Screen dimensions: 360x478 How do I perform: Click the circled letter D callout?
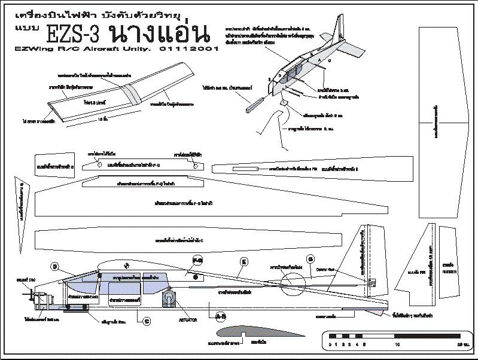pyautogui.click(x=55, y=267)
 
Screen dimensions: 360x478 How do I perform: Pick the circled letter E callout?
pyautogui.click(x=244, y=261)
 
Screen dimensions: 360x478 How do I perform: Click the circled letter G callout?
pyautogui.click(x=310, y=259)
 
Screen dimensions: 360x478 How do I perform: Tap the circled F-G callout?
pyautogui.click(x=198, y=260)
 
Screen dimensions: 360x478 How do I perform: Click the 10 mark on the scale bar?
pyautogui.click(x=397, y=345)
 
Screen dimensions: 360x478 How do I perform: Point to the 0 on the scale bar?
pyautogui.click(x=331, y=345)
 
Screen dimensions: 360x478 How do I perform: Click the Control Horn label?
pyautogui.click(x=325, y=270)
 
